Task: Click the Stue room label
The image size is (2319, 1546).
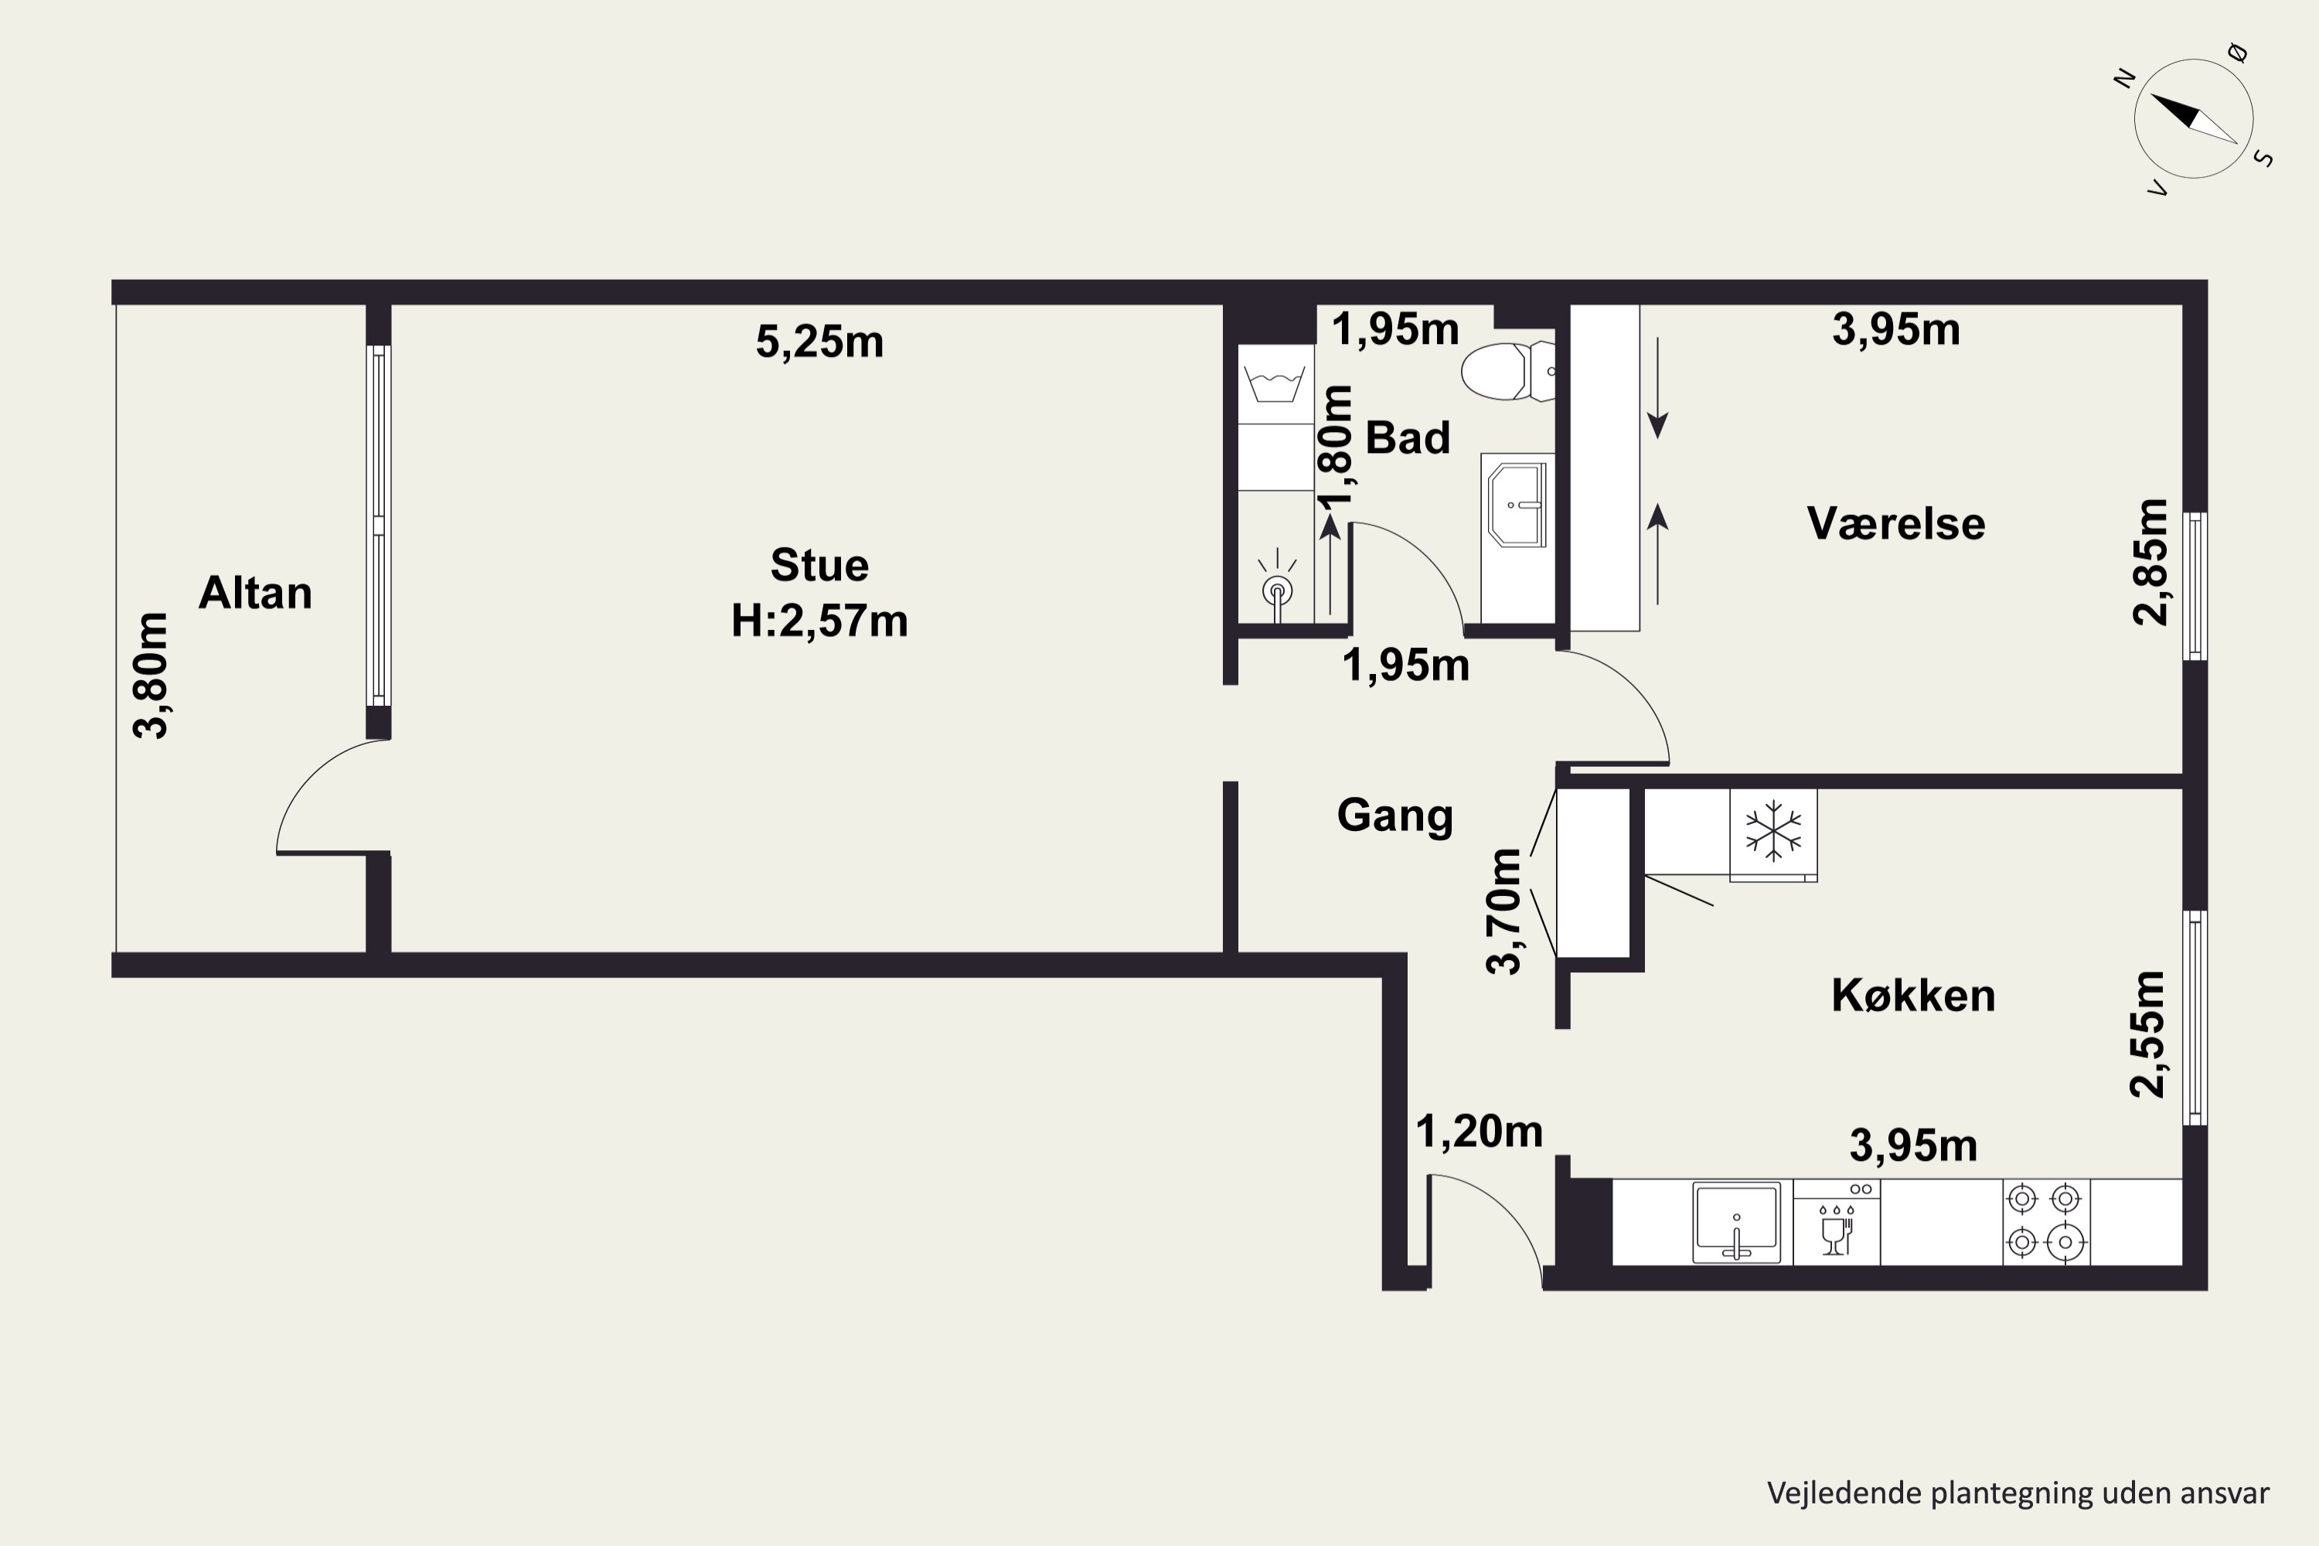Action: click(819, 566)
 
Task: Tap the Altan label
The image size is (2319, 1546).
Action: click(255, 594)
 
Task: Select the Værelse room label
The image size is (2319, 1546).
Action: click(1896, 523)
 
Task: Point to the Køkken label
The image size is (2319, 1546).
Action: click(1912, 996)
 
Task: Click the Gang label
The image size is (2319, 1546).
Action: click(1394, 816)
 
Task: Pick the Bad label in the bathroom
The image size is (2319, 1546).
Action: click(1407, 438)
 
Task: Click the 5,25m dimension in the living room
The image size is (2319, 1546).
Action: click(819, 343)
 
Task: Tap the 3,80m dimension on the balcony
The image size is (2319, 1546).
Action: click(152, 676)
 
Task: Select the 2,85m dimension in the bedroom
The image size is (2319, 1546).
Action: click(2150, 562)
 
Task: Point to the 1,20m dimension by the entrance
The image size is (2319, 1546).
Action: click(1479, 1132)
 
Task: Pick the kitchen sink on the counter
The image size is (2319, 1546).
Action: click(1737, 1223)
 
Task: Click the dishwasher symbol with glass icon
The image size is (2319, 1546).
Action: click(1836, 1223)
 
